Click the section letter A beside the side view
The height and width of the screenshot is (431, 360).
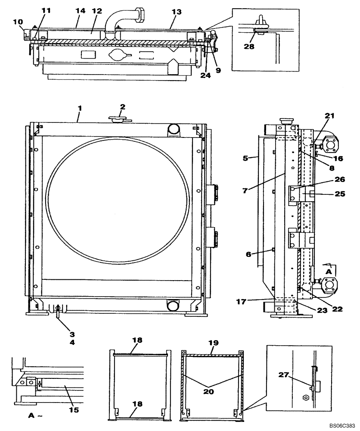click(x=328, y=272)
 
